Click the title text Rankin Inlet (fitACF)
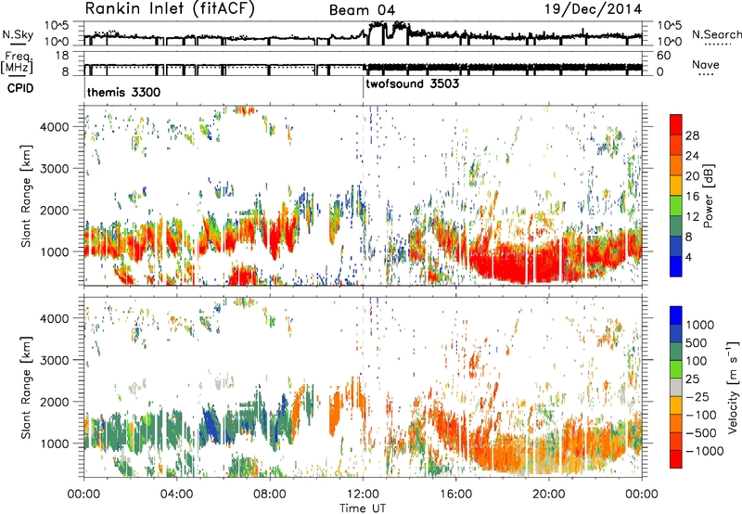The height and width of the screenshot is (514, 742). [x=170, y=9]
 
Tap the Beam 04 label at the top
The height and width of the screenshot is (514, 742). [x=362, y=10]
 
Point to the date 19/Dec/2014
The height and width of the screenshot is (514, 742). [x=594, y=8]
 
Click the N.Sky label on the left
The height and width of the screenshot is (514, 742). [x=18, y=34]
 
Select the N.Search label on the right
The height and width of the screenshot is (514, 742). [x=716, y=34]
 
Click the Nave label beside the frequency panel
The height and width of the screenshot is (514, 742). [x=706, y=64]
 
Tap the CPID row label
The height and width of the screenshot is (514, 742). [x=20, y=88]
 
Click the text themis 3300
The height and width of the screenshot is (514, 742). [x=123, y=92]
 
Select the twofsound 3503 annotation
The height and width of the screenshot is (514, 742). [x=412, y=84]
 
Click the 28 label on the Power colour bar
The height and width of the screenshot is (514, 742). [x=691, y=135]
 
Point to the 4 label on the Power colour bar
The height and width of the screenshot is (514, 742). [x=688, y=258]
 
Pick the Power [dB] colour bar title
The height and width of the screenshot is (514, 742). [x=708, y=196]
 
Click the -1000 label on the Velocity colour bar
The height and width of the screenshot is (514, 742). [x=704, y=451]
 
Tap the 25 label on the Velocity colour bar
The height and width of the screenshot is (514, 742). [x=692, y=379]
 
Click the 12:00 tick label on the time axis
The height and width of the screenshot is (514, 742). [x=363, y=495]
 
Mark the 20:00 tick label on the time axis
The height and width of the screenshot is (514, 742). [x=549, y=495]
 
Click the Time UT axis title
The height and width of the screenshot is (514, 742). [x=363, y=508]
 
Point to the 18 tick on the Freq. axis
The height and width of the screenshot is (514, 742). [x=62, y=56]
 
